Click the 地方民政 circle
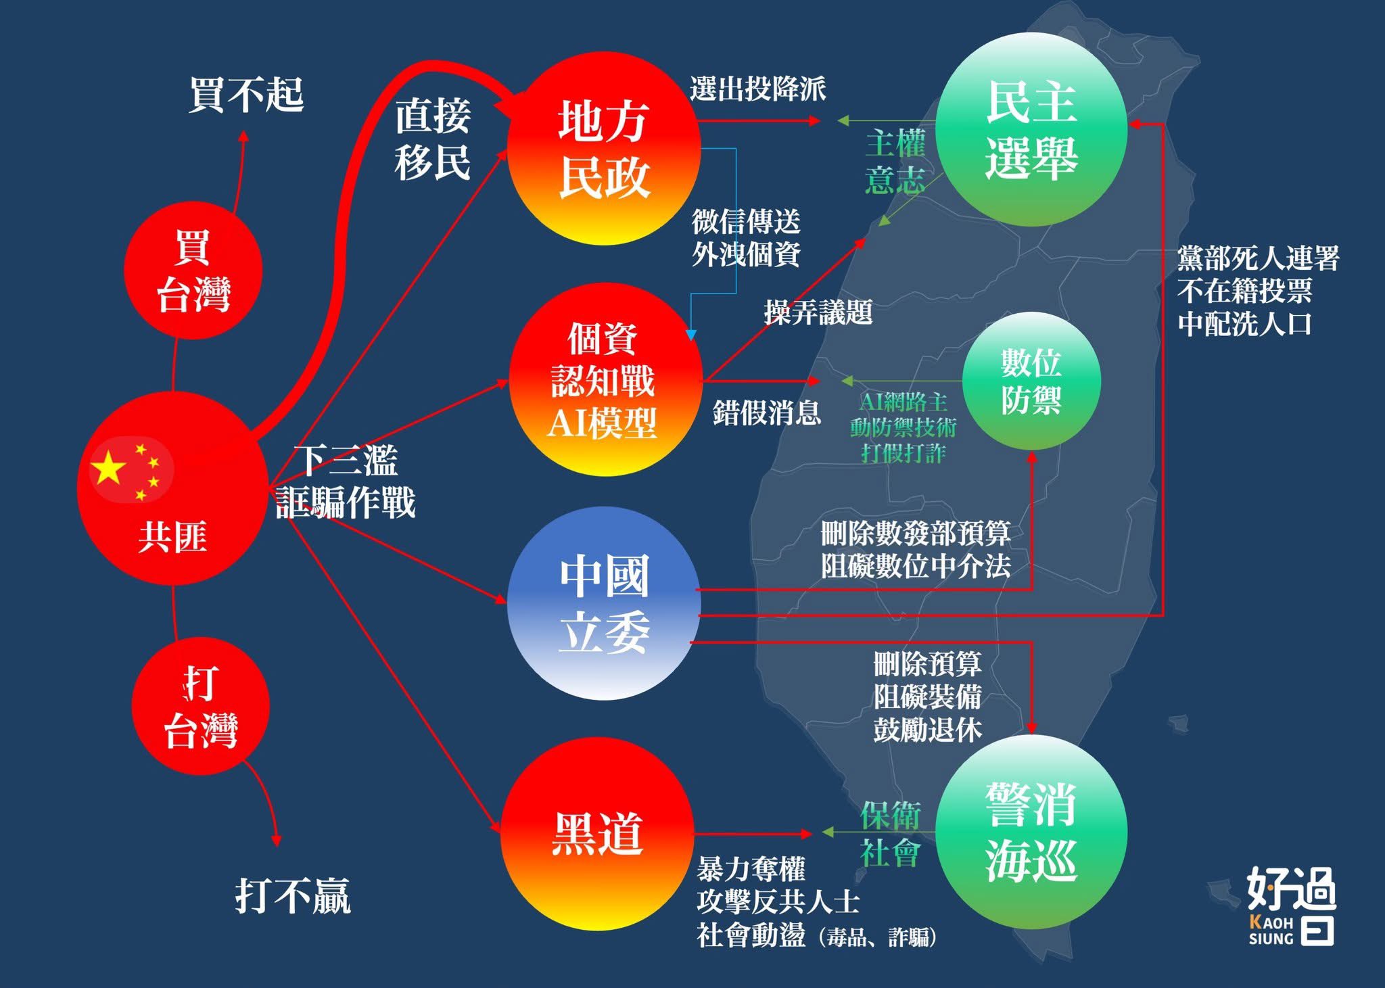coord(603,149)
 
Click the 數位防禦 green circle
coord(1031,381)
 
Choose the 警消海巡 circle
coord(1031,832)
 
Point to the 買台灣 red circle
coord(193,270)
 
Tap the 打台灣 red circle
coord(200,706)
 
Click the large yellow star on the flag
coord(109,468)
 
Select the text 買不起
coord(246,95)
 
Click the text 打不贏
coord(293,895)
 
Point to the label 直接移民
coord(433,139)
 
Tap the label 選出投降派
coord(757,89)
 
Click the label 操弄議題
coord(818,312)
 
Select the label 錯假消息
coord(766,412)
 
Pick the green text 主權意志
coord(895,162)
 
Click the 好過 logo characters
coord(1291,889)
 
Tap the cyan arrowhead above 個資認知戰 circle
coord(690,334)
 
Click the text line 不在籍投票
coord(1244,291)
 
